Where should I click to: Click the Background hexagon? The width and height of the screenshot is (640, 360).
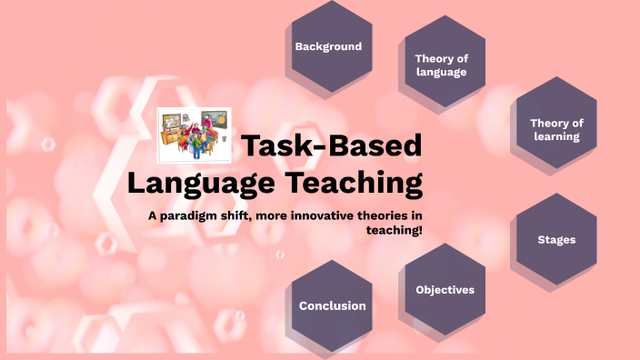(328, 47)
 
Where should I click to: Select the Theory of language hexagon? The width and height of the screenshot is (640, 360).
(441, 65)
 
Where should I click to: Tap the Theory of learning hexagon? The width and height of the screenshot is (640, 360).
(556, 130)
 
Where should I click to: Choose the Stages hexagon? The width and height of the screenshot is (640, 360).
(556, 239)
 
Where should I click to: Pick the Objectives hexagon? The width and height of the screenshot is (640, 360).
(445, 289)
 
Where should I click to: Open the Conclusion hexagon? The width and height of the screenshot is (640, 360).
(332, 305)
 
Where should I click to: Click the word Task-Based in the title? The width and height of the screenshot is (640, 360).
(331, 146)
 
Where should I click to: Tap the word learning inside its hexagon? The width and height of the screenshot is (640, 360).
(556, 137)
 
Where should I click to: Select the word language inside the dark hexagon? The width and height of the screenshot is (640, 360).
(441, 73)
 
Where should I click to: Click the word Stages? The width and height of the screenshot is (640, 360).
(556, 240)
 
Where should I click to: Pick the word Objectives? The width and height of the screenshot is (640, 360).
(445, 290)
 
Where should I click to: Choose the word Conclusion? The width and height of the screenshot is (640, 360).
(332, 306)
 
